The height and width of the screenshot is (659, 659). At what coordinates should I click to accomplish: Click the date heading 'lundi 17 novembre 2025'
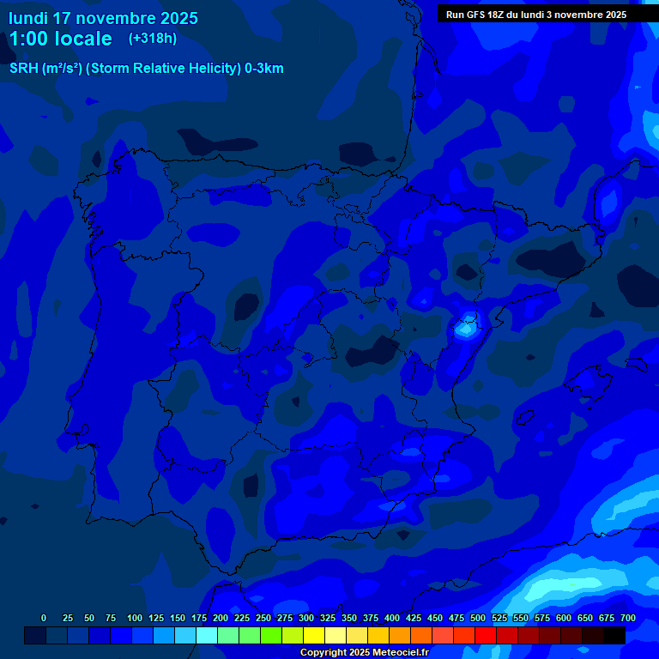[x=103, y=18]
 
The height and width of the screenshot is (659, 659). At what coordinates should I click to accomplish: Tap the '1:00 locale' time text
[x=60, y=39]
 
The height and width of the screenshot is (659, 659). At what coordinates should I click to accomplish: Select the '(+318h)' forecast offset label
[x=153, y=39]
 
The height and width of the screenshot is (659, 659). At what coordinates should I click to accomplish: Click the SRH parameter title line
[x=146, y=69]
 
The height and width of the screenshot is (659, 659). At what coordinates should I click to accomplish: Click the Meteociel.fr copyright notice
[x=364, y=652]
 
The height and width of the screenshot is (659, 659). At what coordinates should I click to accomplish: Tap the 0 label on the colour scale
[x=44, y=618]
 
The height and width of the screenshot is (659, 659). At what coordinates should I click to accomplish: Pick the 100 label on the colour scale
[x=135, y=618]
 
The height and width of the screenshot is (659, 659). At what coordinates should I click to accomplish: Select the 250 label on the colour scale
[x=263, y=618]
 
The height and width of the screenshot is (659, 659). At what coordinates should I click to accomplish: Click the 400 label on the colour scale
[x=392, y=618]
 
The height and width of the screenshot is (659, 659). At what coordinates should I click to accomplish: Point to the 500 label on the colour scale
[x=478, y=618]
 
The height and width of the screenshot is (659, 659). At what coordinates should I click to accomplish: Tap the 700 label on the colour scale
[x=628, y=618]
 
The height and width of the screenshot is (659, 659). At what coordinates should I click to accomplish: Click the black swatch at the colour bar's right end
[x=614, y=636]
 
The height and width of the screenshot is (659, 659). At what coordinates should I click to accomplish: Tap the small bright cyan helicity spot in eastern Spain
[x=466, y=327]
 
